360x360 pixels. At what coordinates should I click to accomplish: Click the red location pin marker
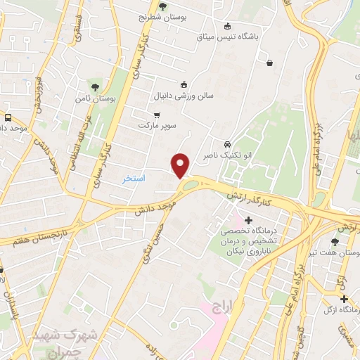(181, 165)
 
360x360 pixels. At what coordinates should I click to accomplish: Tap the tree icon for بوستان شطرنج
(163, 7)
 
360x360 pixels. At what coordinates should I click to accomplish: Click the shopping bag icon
(269, 63)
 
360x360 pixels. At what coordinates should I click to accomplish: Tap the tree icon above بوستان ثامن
(95, 86)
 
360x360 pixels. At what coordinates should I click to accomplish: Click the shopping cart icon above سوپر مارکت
(157, 115)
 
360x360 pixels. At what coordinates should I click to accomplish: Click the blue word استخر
(134, 179)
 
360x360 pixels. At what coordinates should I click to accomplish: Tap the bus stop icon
(8, 117)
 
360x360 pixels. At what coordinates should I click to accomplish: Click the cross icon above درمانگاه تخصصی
(247, 220)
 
